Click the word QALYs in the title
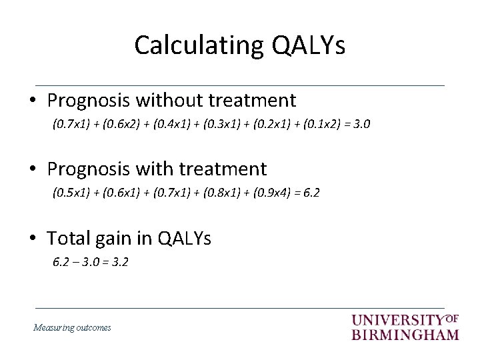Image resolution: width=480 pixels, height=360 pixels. click(308, 45)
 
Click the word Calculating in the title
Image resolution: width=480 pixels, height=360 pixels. click(199, 45)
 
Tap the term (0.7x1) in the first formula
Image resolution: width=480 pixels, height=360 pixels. click(69, 124)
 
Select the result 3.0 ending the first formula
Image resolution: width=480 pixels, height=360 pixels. click(363, 124)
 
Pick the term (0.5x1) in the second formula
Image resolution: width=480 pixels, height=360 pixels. click(69, 193)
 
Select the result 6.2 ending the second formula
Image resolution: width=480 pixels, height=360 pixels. click(311, 193)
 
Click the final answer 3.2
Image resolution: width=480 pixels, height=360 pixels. click(120, 262)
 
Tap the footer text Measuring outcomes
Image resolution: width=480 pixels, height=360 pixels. click(72, 327)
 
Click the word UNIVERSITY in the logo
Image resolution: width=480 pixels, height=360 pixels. click(397, 321)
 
